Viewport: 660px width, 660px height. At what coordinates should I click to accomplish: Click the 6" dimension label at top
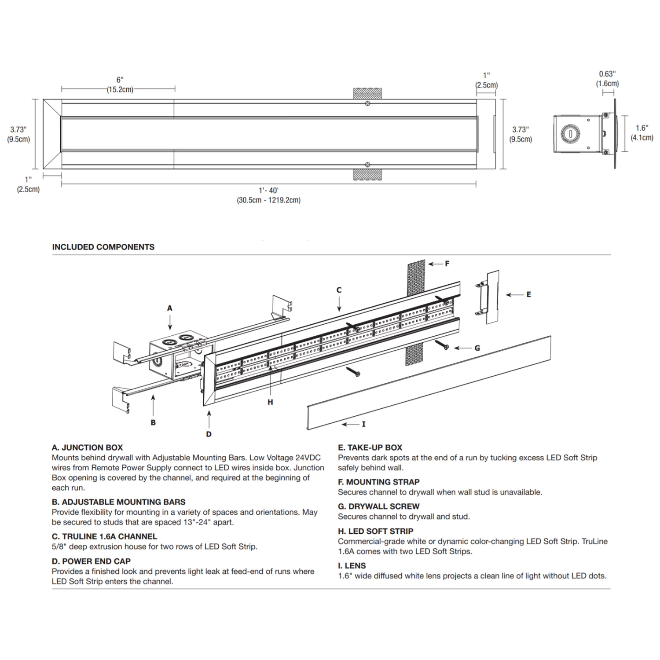(120, 80)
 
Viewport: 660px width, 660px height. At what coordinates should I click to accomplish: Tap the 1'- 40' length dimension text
(268, 191)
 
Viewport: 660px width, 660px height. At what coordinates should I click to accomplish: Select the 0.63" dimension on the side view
(607, 74)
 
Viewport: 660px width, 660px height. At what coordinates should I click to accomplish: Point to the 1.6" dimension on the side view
(642, 128)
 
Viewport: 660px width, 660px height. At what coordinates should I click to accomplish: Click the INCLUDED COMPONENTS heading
(103, 247)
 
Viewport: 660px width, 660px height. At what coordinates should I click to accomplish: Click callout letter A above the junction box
(170, 308)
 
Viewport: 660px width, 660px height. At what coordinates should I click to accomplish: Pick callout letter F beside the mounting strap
(447, 264)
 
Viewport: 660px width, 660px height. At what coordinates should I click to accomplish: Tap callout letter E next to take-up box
(528, 294)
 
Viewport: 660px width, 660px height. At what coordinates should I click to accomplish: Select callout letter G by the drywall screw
(477, 348)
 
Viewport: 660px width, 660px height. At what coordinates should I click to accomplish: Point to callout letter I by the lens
(363, 424)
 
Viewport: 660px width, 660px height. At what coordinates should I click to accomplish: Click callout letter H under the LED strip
(270, 402)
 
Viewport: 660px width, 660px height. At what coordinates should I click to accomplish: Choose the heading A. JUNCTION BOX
(87, 447)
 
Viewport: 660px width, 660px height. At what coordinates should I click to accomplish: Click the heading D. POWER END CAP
(91, 561)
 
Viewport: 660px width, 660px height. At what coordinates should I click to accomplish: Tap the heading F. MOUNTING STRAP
(378, 482)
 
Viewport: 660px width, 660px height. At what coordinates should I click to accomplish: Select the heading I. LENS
(352, 565)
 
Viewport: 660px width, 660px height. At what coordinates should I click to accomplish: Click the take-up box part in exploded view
(491, 297)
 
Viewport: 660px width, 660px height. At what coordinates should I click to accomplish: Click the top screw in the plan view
(367, 103)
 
